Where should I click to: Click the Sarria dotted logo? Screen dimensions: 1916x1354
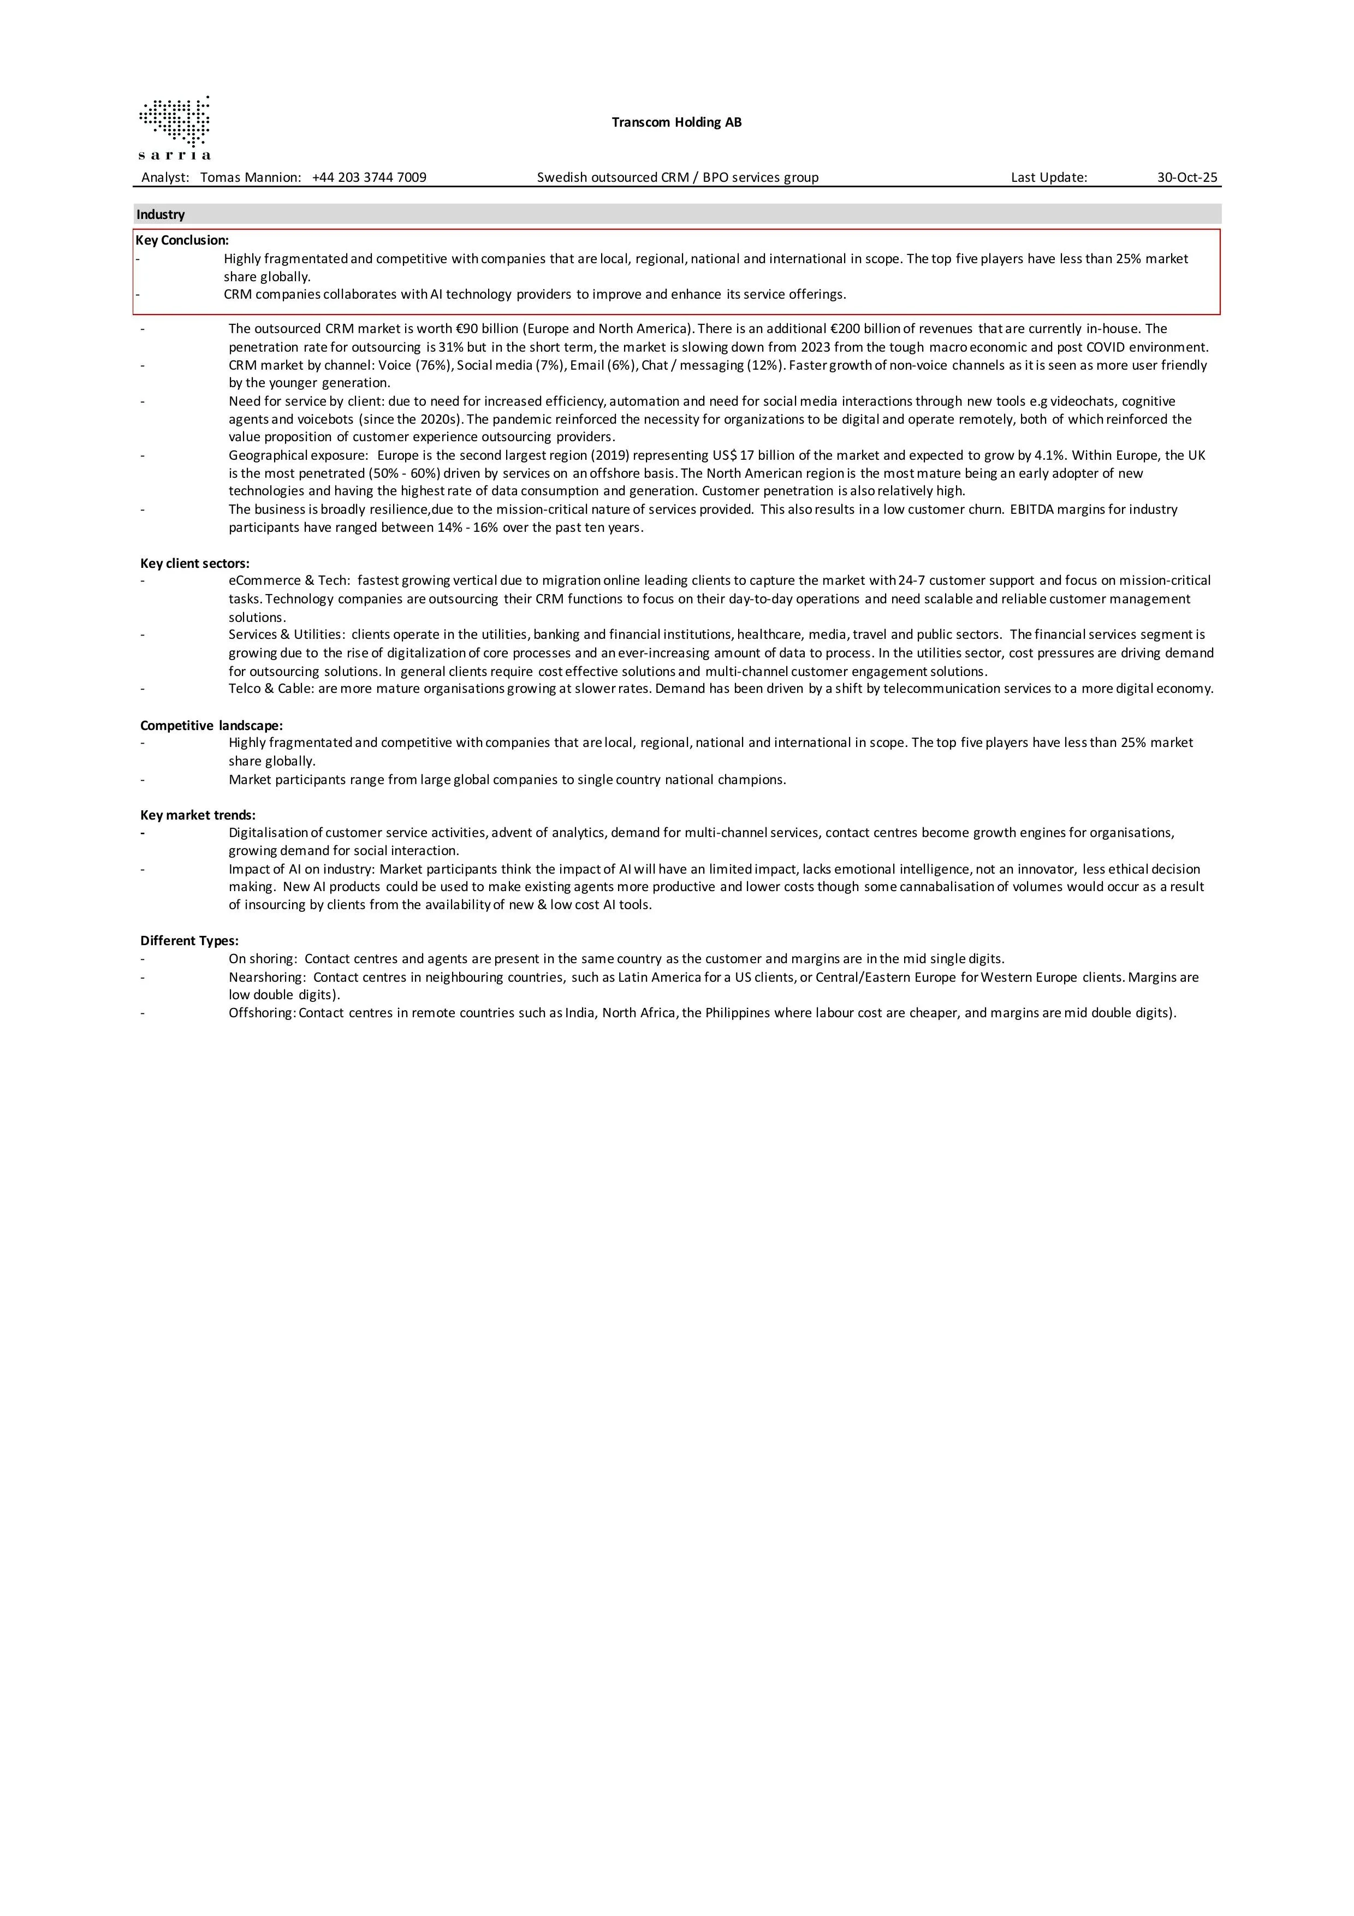pyautogui.click(x=174, y=127)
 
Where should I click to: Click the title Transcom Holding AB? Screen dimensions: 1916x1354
pyautogui.click(x=676, y=123)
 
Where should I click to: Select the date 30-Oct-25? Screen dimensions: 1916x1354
pyautogui.click(x=1186, y=177)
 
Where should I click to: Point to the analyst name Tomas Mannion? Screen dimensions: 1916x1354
pyautogui.click(x=250, y=177)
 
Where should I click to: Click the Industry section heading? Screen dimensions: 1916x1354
pyautogui.click(x=161, y=215)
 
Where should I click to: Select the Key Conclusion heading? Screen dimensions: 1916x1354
pyautogui.click(x=182, y=240)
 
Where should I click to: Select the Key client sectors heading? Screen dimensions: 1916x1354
pyautogui.click(x=194, y=563)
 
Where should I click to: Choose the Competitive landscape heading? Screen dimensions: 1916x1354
pyautogui.click(x=211, y=725)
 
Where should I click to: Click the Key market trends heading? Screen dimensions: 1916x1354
pyautogui.click(x=198, y=815)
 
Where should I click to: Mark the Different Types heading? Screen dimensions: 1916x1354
pyautogui.click(x=189, y=940)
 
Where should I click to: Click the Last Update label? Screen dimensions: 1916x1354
pyautogui.click(x=1049, y=177)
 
